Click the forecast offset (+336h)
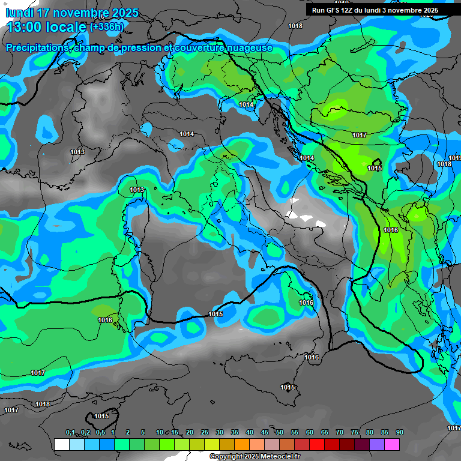(x=107, y=27)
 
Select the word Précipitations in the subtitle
(x=37, y=47)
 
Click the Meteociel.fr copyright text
(x=255, y=457)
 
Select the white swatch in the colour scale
(x=61, y=444)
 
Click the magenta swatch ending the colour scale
(x=392, y=444)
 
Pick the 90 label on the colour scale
(x=399, y=433)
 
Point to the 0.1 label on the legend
(x=70, y=433)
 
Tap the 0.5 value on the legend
(x=100, y=433)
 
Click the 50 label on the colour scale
(x=280, y=433)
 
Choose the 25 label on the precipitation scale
(x=205, y=433)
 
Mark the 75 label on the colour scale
(x=355, y=433)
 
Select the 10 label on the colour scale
(x=160, y=433)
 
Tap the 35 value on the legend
(x=235, y=433)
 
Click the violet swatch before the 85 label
(x=377, y=444)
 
